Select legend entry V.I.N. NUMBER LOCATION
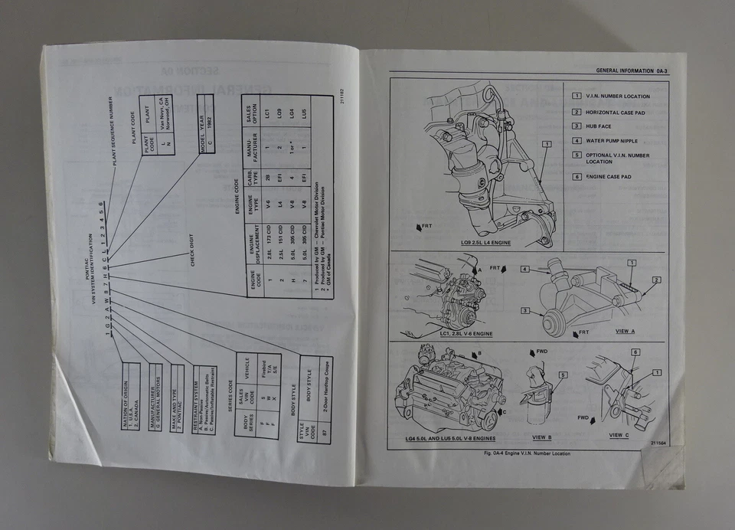click(617, 97)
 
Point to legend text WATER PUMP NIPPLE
click(611, 141)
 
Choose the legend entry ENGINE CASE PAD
click(609, 177)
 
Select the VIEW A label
click(625, 331)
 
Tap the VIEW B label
click(541, 437)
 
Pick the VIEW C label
click(619, 435)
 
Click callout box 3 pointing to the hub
click(526, 310)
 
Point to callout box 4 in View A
click(525, 270)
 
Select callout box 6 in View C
click(634, 352)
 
